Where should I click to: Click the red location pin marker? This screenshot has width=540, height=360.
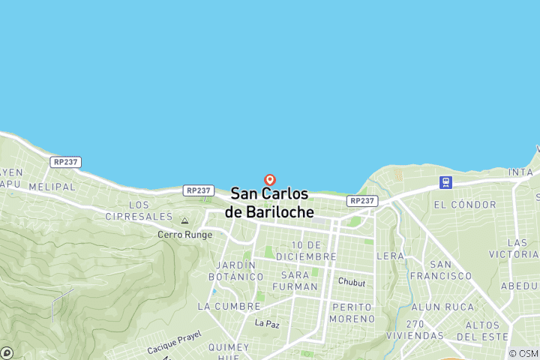pos(270,180)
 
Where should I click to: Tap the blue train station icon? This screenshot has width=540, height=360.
pos(446,182)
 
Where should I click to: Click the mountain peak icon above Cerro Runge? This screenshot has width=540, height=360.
pos(184,221)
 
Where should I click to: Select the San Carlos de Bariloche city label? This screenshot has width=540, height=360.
pos(269,202)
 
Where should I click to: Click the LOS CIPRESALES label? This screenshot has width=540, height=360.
pos(150,210)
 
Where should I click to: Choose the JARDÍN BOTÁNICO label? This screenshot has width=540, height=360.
pos(241,271)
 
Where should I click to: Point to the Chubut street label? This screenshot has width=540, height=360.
pos(351,282)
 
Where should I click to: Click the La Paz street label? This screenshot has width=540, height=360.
pos(266,323)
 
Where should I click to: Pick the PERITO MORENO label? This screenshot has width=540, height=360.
pos(352,313)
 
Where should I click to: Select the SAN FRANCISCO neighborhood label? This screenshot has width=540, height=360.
pos(451,270)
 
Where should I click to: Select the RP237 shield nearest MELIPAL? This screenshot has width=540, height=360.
pos(66,162)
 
